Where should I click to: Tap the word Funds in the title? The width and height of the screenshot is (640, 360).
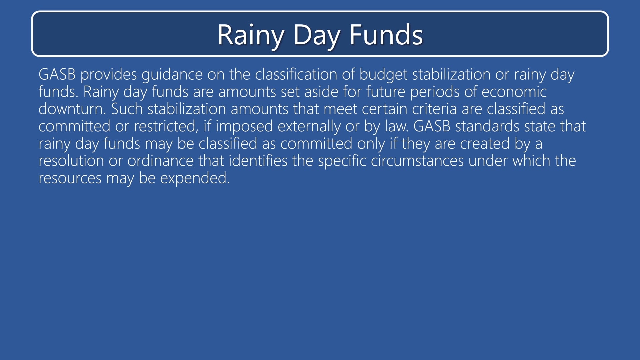[386, 35]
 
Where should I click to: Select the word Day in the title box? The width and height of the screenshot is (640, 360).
[316, 35]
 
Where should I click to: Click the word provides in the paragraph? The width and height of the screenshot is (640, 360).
[108, 74]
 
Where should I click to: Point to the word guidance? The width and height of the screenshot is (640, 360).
[172, 74]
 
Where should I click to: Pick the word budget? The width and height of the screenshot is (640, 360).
[383, 74]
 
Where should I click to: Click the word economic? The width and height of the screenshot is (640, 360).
[514, 92]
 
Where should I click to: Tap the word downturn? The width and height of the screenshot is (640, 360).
[72, 109]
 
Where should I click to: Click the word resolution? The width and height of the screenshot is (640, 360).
[71, 161]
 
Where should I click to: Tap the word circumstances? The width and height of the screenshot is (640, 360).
[417, 161]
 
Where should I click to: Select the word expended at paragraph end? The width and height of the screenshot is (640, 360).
[195, 178]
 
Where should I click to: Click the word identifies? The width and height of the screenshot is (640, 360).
[258, 161]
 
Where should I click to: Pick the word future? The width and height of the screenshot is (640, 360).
[385, 92]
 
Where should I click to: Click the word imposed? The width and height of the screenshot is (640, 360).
[244, 126]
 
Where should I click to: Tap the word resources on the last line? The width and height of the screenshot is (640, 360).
[70, 178]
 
